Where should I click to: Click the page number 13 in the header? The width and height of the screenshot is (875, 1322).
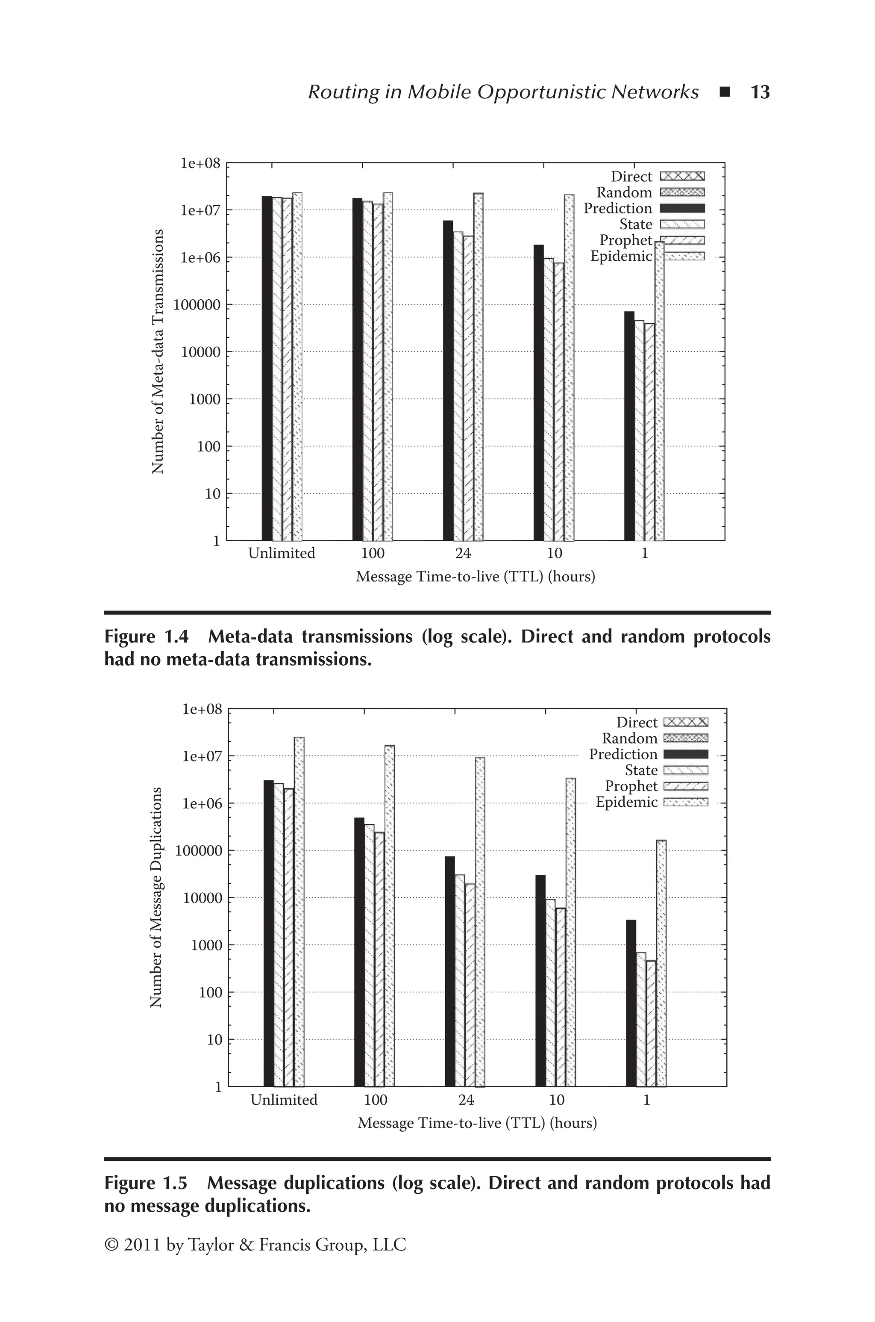coord(760,92)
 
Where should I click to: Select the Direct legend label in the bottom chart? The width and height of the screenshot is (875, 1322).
coord(637,723)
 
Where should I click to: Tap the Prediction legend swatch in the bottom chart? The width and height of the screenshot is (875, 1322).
coord(686,754)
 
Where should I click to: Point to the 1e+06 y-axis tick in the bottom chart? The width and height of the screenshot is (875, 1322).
coord(202,803)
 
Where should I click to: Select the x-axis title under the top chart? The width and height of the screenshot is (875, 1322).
coord(476,577)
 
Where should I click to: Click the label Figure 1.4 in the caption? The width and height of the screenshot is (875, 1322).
coord(146,637)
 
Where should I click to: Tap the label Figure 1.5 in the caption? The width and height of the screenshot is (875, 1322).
coord(146,1183)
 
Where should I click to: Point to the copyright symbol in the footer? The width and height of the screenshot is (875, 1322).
coord(112,1245)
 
